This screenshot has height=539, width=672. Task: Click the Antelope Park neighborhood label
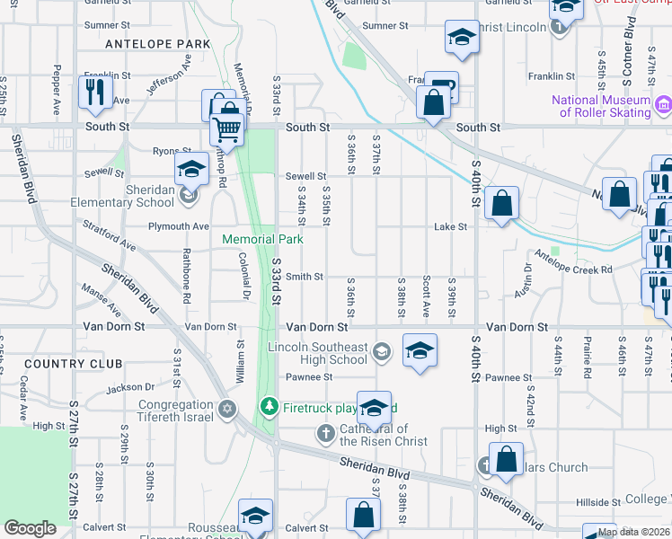[x=157, y=43]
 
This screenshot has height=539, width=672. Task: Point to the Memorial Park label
[x=263, y=239]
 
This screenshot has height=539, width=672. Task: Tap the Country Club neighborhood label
[x=74, y=364]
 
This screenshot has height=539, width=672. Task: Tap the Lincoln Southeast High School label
[x=318, y=353]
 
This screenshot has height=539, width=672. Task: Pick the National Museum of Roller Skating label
[x=601, y=106]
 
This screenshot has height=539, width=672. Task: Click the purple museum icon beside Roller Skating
[x=663, y=106]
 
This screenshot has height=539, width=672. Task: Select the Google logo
[x=30, y=527]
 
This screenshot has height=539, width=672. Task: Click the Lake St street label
[x=451, y=227]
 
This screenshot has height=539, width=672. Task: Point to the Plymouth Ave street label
[x=179, y=226]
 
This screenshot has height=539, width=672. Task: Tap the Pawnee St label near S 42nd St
[x=501, y=377]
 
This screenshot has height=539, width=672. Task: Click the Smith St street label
[x=305, y=277]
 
